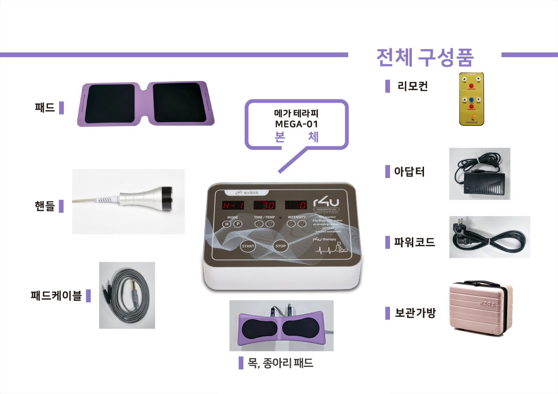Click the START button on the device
(x=248, y=246)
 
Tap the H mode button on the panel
(x=227, y=224)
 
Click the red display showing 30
(x=264, y=205)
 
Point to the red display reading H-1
(x=232, y=205)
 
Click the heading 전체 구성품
(x=424, y=57)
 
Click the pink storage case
(x=481, y=308)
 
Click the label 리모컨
(x=412, y=86)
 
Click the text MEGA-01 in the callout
(x=296, y=124)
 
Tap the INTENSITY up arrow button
(x=291, y=224)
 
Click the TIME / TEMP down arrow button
(x=270, y=224)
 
